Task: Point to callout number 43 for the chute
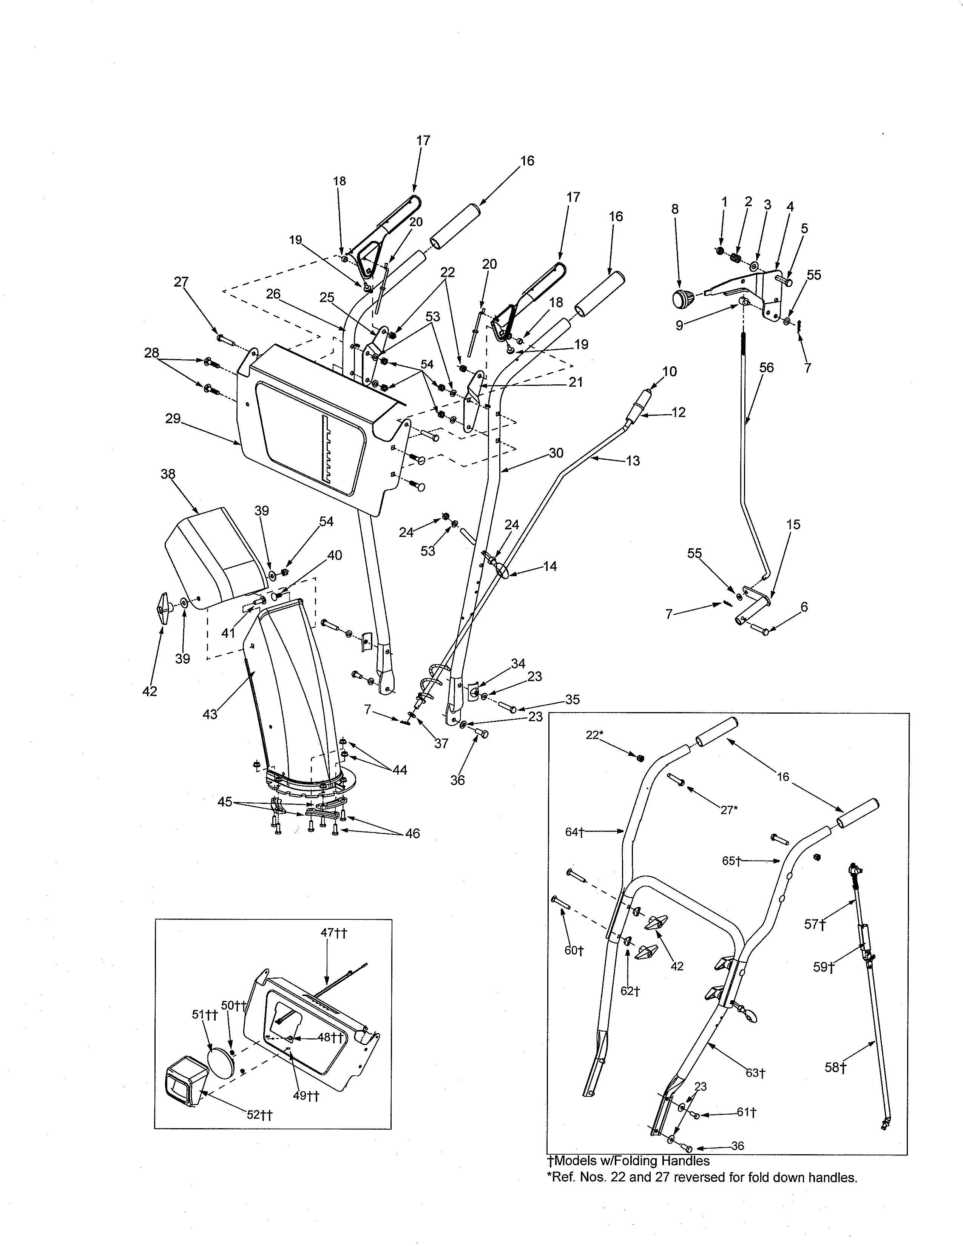point(210,714)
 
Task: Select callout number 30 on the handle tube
point(556,452)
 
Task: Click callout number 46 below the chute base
point(412,834)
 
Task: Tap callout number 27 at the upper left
point(181,282)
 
